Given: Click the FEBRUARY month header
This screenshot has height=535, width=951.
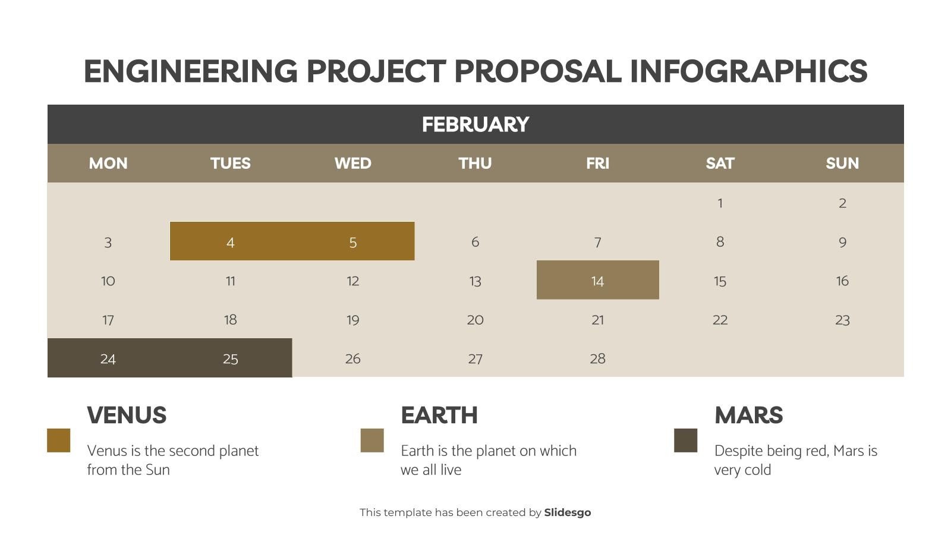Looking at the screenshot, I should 475,124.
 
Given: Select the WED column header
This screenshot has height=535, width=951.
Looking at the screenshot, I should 352,163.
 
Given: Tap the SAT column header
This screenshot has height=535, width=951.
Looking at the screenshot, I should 720,163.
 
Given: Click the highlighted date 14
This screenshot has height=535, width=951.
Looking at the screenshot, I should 597,281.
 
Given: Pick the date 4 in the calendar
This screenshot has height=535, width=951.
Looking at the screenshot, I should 231,242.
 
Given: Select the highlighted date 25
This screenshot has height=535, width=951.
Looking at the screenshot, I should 231,358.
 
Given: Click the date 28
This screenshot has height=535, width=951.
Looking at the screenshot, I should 597,358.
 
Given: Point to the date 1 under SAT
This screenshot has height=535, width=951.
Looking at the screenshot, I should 720,203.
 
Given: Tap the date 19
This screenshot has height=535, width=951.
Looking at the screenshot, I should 352,320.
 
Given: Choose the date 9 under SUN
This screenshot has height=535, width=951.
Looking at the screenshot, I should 842,242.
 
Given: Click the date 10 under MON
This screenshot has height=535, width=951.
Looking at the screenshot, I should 108,281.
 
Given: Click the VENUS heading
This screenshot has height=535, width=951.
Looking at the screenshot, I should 127,415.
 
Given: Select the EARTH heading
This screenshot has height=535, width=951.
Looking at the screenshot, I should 439,415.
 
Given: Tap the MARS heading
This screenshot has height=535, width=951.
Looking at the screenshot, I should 748,415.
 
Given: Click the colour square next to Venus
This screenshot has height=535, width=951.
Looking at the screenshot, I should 59,440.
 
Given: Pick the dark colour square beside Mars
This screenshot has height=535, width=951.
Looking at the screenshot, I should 685,440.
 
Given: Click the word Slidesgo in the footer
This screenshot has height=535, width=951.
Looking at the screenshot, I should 567,512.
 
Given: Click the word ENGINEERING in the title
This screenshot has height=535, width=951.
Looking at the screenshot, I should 190,71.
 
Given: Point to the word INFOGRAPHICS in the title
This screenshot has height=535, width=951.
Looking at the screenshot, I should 748,71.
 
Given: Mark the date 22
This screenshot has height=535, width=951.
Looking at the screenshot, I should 720,320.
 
